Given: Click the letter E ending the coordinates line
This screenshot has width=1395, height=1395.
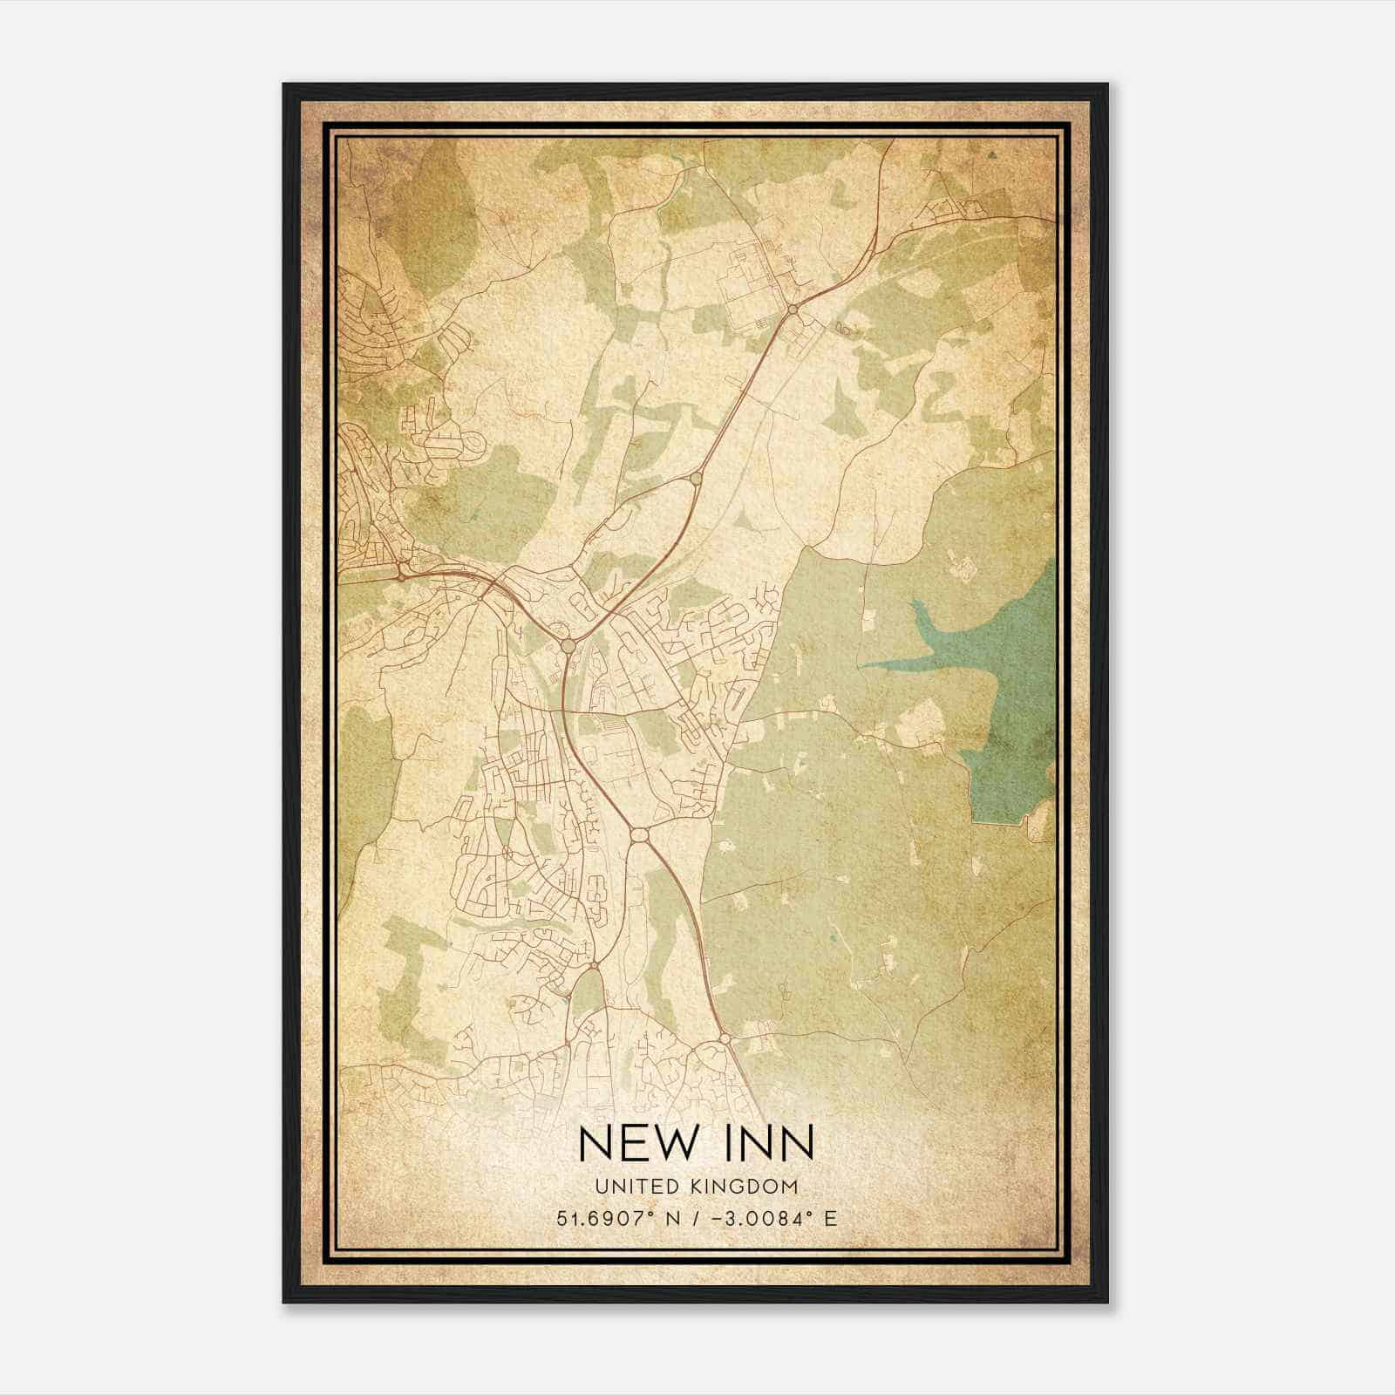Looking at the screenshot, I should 830,1218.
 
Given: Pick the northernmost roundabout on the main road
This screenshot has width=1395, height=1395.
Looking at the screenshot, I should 793,309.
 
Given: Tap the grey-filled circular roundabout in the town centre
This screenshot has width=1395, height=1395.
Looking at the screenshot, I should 568,645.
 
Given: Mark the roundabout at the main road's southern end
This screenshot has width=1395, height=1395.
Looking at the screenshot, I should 725,1038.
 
